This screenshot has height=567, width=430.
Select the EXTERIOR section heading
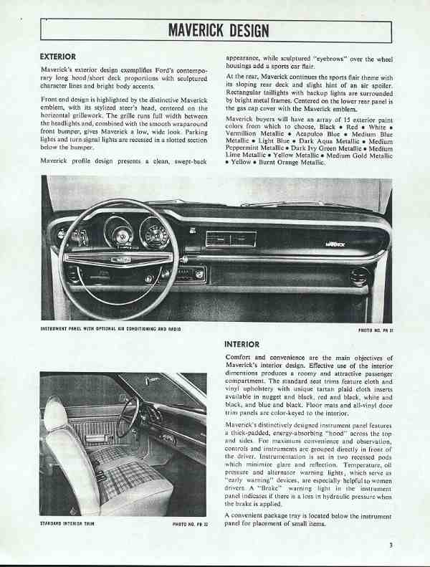coord(62,55)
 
